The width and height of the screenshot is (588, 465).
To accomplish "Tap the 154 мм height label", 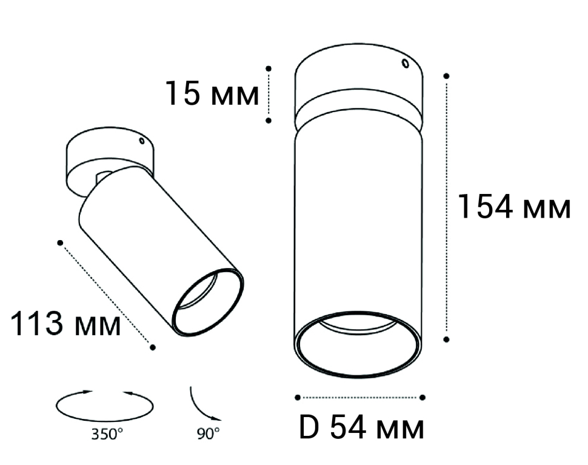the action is coord(514,206).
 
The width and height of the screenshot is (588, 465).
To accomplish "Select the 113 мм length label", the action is coord(65,324).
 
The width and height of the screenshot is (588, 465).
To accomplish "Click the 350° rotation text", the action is coord(107,434).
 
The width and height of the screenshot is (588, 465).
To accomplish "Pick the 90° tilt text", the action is coord(208,434).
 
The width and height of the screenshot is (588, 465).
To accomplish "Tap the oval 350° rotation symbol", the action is coord(105,406).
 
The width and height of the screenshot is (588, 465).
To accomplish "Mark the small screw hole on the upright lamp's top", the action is coord(406,64).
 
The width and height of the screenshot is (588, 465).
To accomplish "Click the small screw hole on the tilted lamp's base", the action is coord(142,141).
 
